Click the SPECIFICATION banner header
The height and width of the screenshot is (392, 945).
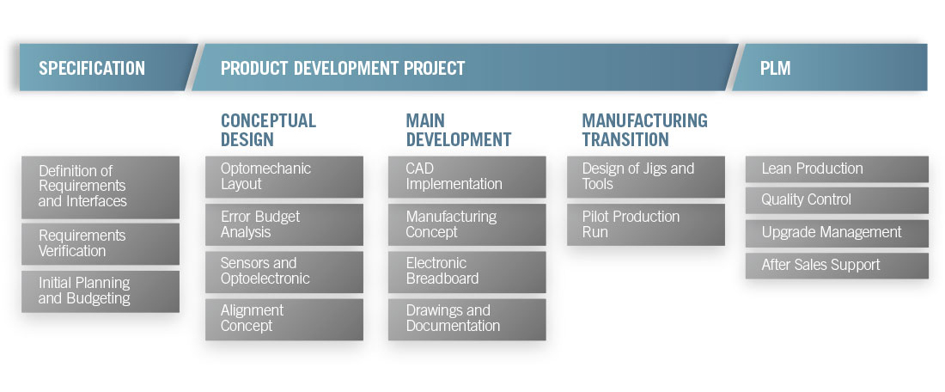tap(92, 68)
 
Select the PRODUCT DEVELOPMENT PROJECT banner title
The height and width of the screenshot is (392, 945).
tap(342, 68)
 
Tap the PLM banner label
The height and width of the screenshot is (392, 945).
tap(775, 68)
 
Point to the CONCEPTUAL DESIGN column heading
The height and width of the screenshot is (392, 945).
tap(268, 130)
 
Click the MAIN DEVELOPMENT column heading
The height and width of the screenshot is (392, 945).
tap(458, 130)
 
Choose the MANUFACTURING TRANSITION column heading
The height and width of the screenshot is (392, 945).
tap(645, 130)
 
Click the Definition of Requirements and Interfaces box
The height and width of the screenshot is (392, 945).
tap(101, 187)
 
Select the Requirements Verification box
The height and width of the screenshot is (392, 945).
tap(101, 243)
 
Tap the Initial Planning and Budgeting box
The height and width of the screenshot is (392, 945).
tap(101, 291)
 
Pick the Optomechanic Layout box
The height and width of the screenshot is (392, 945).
tap(284, 177)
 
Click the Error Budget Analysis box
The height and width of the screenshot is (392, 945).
tap(284, 224)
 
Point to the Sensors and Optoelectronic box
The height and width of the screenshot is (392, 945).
tap(284, 272)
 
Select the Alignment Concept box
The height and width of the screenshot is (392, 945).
tap(284, 320)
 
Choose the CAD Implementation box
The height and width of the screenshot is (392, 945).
tap(467, 177)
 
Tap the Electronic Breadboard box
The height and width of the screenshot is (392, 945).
tap(467, 272)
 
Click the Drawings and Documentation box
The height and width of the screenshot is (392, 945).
tap(467, 320)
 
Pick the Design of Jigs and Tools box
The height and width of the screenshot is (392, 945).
tap(646, 177)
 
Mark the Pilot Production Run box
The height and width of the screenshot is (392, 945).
tap(646, 224)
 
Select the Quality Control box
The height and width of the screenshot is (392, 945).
tap(837, 200)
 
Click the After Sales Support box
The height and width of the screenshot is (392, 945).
tap(837, 266)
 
